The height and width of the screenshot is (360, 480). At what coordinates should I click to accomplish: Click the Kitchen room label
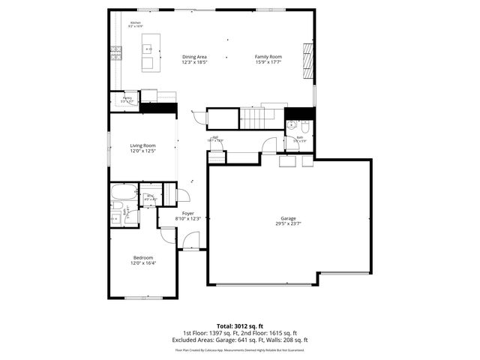click(x=135, y=23)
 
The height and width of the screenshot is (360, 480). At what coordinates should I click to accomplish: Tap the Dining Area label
click(x=193, y=57)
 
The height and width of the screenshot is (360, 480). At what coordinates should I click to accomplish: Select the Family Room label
click(x=268, y=57)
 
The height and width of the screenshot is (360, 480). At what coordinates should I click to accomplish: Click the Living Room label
click(x=142, y=145)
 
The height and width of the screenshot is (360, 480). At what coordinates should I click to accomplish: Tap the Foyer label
click(x=188, y=214)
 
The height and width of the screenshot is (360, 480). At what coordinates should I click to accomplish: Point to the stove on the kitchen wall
click(x=115, y=52)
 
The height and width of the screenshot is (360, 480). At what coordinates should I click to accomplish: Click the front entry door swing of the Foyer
click(x=191, y=241)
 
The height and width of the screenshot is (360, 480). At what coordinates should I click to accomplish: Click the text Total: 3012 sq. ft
click(x=239, y=325)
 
